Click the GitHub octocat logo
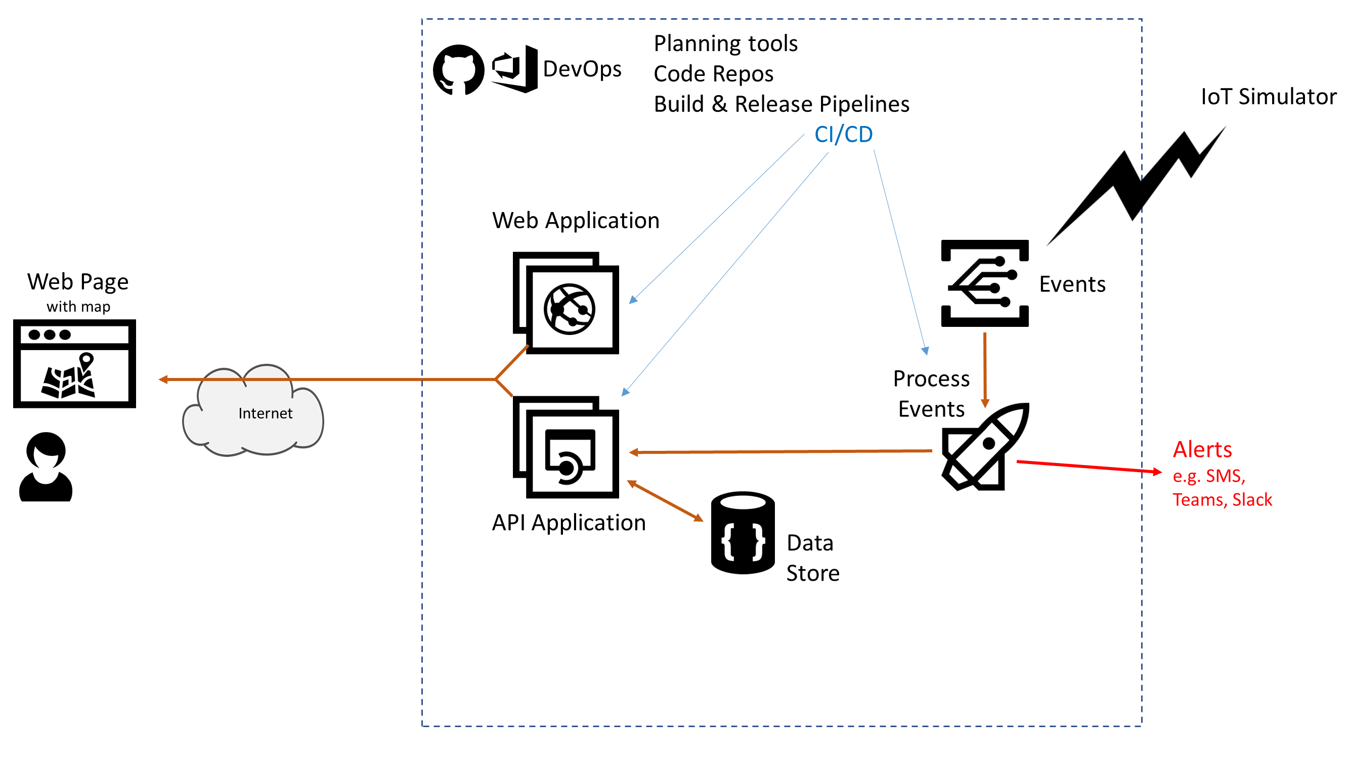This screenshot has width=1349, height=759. (458, 70)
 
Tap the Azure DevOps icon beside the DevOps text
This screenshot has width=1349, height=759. (515, 69)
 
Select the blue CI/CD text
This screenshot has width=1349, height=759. (843, 135)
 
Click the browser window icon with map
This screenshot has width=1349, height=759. (74, 363)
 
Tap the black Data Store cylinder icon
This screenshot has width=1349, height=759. (743, 533)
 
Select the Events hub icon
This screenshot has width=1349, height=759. (984, 283)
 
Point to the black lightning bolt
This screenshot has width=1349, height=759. (1137, 186)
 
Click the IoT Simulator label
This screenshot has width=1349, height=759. (1268, 97)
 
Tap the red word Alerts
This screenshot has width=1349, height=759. (1202, 449)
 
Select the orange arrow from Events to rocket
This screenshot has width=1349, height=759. (984, 369)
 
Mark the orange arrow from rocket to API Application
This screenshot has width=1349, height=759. (780, 451)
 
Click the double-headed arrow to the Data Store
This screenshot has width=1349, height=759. (665, 501)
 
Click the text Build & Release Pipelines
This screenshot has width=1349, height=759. (781, 104)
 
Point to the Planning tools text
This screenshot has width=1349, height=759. (725, 44)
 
